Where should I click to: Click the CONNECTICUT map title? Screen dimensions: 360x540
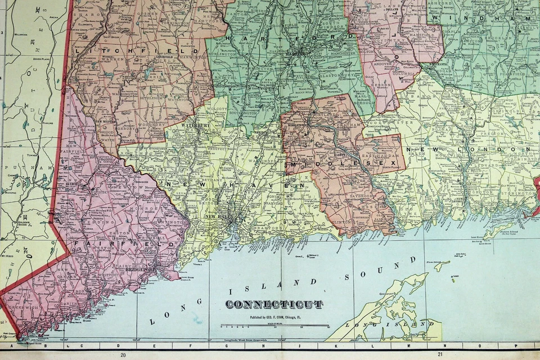click(x=274, y=304)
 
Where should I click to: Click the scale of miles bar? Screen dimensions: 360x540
click(x=274, y=325)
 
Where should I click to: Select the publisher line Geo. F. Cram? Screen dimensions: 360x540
click(x=274, y=317)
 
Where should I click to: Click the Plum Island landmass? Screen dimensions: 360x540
click(x=442, y=265)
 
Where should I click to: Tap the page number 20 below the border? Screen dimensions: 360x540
click(x=123, y=354)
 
